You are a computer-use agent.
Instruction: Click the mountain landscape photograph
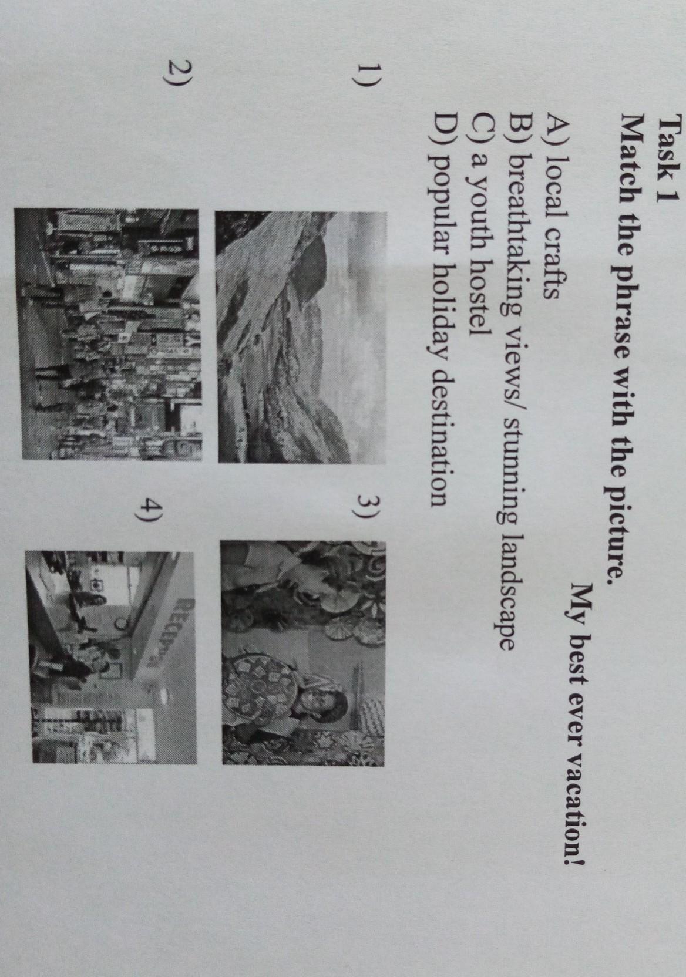(x=302, y=336)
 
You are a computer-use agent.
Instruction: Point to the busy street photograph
(x=108, y=333)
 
